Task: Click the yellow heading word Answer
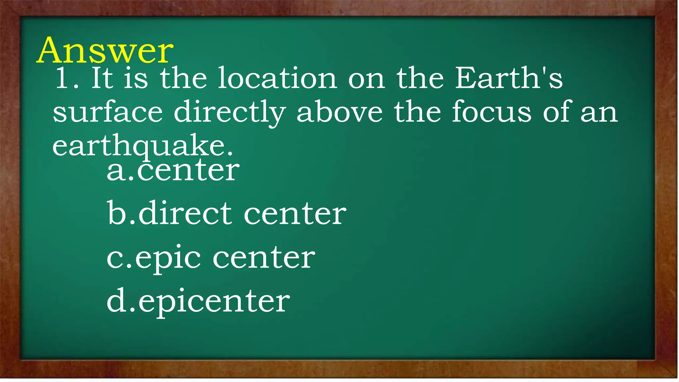(105, 50)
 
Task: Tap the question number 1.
(63, 78)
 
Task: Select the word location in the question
(277, 78)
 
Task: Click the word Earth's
(509, 78)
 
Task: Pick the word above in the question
(339, 112)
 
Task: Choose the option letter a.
(116, 171)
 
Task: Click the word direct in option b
(185, 214)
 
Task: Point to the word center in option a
(188, 170)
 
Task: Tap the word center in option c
(264, 258)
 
